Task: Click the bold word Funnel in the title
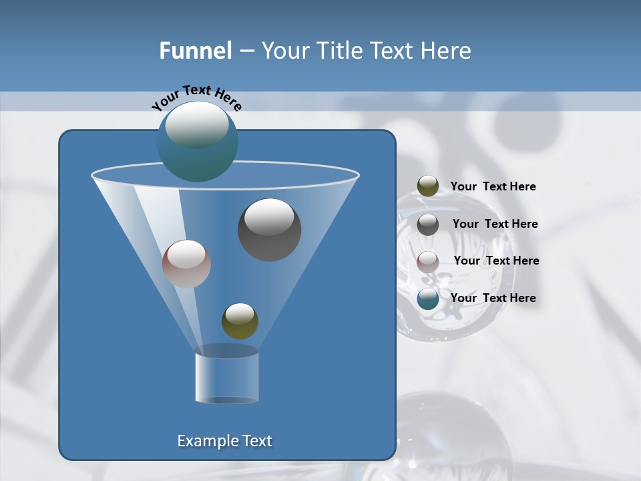tap(195, 51)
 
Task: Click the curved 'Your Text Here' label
tap(196, 98)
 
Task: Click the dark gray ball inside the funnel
tap(269, 230)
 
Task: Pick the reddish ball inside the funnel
tap(186, 264)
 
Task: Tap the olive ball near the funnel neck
tap(240, 321)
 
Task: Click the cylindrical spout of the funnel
tap(226, 377)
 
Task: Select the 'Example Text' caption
tap(224, 441)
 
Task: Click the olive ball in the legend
tap(428, 186)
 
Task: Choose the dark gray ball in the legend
tap(428, 224)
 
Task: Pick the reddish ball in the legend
tap(428, 261)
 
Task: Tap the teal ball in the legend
tap(428, 299)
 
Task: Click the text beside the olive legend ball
tap(493, 186)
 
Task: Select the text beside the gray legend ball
tap(495, 224)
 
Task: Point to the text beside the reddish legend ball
tap(496, 261)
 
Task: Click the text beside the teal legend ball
tap(493, 298)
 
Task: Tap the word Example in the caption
tap(206, 441)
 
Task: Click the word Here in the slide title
tap(446, 51)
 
